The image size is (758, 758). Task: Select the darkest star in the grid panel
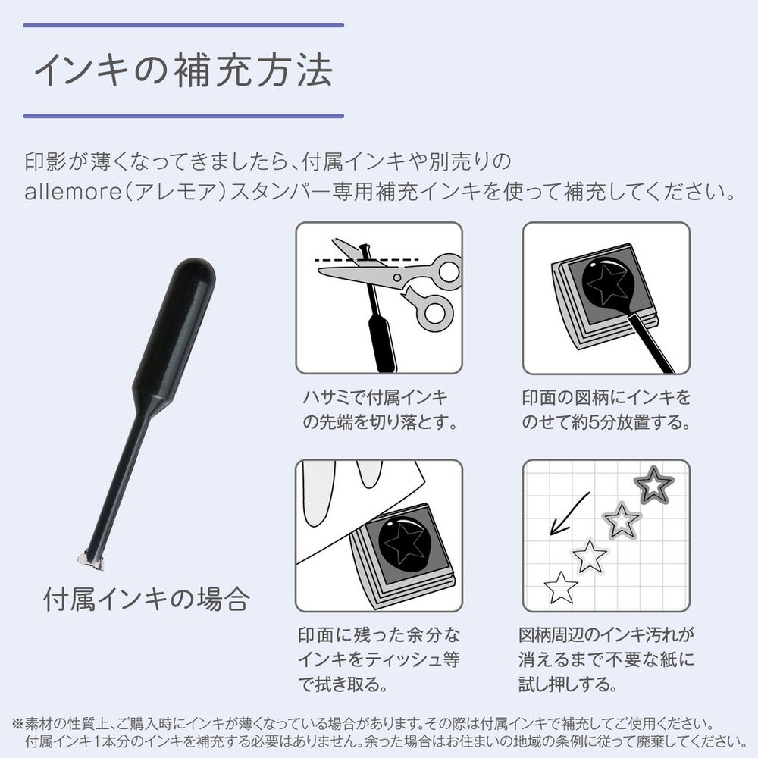(x=653, y=485)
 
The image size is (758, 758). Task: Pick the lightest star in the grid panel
(x=561, y=587)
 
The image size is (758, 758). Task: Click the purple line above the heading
(x=183, y=25)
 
